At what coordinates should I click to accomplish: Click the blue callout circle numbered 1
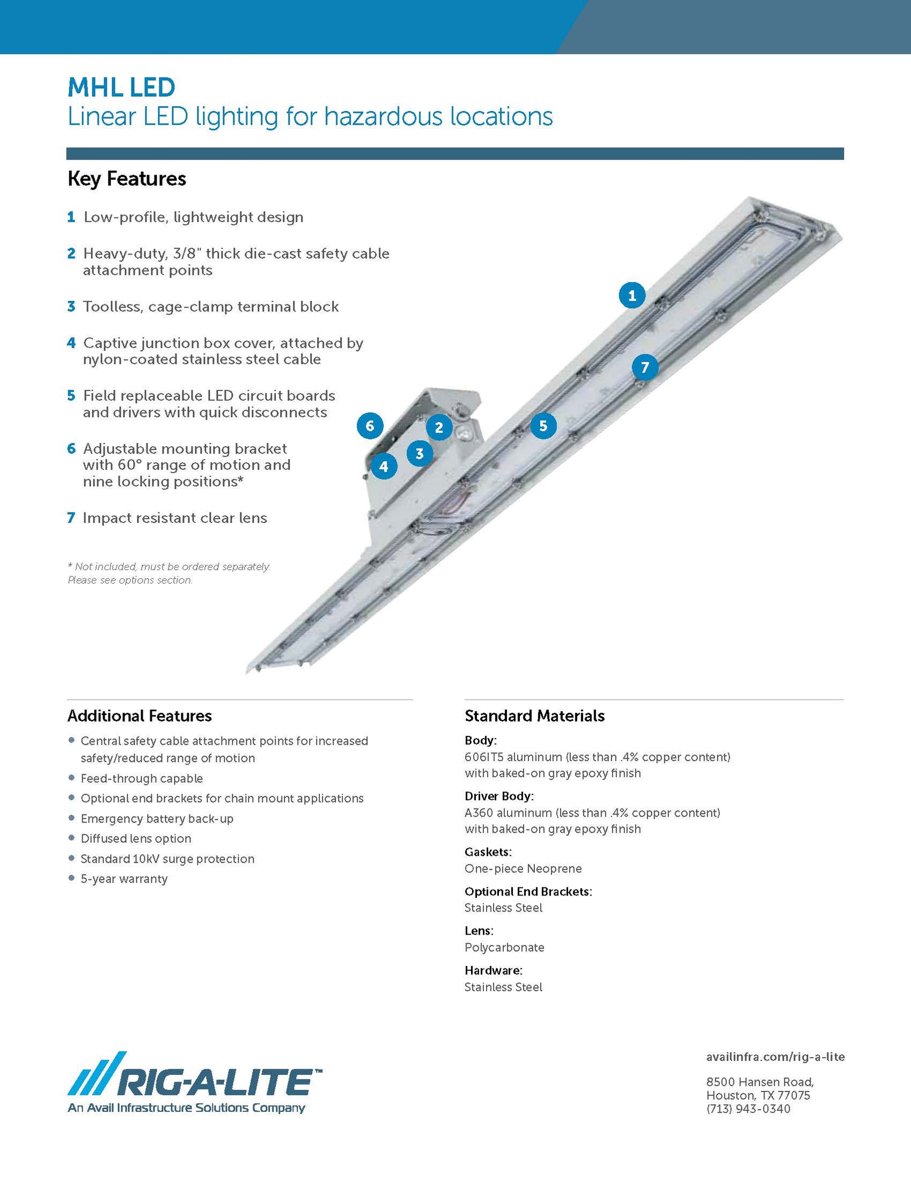click(x=632, y=296)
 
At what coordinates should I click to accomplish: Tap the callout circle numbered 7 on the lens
click(x=645, y=368)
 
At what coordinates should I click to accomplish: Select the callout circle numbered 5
click(x=543, y=426)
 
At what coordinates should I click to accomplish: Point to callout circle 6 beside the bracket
click(x=370, y=426)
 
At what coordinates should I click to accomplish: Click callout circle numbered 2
click(x=439, y=428)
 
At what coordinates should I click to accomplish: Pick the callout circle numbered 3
click(x=420, y=453)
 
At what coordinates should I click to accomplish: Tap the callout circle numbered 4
click(x=384, y=467)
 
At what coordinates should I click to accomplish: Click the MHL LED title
click(x=121, y=88)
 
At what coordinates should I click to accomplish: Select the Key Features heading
click(x=127, y=179)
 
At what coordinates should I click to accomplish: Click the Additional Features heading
click(x=139, y=716)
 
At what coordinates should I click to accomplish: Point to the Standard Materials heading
click(x=534, y=716)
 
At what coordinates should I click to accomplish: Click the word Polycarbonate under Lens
click(x=504, y=947)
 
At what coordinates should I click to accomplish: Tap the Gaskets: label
click(x=488, y=852)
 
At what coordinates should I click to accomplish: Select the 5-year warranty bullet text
click(x=124, y=879)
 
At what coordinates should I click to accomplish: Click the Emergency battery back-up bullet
click(x=157, y=819)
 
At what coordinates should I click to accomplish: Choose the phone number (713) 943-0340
click(x=748, y=1109)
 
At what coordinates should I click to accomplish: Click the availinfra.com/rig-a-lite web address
click(x=775, y=1057)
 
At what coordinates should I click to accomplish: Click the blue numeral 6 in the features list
click(x=71, y=449)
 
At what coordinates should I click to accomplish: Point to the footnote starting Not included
click(x=168, y=567)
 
